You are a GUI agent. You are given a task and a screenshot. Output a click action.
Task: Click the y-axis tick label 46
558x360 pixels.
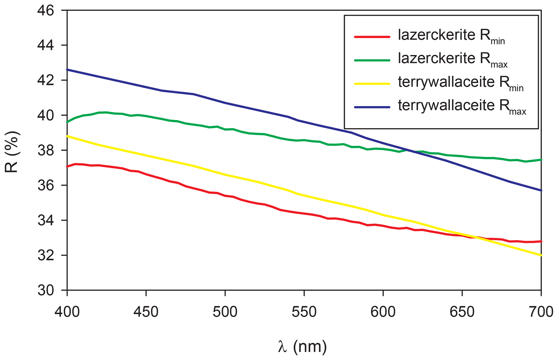pos(46,11)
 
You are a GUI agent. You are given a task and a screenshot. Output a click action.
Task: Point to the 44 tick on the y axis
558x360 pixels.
pos(46,45)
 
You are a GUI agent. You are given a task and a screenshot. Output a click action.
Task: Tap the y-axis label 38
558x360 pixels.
pos(46,150)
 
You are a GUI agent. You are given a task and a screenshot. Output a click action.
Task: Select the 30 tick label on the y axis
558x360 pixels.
pos(46,291)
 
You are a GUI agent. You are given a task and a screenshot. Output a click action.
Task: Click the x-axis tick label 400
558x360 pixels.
pos(67,312)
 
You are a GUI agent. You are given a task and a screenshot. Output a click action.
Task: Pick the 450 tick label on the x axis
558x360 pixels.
pos(146,312)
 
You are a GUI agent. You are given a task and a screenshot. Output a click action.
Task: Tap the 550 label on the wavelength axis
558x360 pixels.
pos(304,312)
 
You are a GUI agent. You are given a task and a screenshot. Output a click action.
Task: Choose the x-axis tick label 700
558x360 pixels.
pos(541,312)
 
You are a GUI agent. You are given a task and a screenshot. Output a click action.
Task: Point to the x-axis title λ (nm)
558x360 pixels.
pos(302,347)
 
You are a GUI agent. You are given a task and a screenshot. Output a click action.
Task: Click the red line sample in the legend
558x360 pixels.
pos(372,37)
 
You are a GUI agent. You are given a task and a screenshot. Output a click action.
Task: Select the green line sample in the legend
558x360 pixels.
pos(372,60)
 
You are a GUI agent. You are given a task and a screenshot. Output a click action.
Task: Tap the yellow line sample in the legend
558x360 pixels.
pos(372,84)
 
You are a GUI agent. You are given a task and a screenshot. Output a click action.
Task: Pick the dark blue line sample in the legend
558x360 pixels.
pos(372,107)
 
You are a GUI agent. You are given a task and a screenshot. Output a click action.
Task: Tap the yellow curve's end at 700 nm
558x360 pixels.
pos(541,255)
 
